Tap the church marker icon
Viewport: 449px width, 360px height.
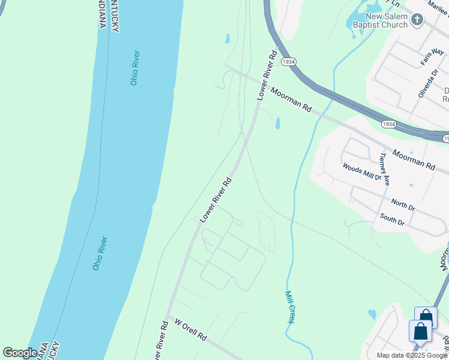point(418,20)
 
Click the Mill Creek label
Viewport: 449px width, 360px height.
point(290,307)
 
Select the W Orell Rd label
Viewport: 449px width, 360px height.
point(191,330)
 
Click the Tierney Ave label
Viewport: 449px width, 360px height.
point(385,169)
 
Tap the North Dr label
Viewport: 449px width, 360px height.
point(403,205)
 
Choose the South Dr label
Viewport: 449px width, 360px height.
point(392,220)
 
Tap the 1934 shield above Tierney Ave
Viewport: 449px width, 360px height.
point(388,124)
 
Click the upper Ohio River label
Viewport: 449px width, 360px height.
point(135,67)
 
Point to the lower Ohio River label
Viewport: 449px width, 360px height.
point(100,253)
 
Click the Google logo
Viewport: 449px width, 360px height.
point(20,353)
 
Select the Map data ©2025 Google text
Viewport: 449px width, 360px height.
point(412,355)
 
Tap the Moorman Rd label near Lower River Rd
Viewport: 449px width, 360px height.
point(291,100)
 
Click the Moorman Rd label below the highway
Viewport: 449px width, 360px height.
point(414,160)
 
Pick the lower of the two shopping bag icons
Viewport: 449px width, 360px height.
point(420,332)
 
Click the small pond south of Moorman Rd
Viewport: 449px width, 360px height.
point(277,124)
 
